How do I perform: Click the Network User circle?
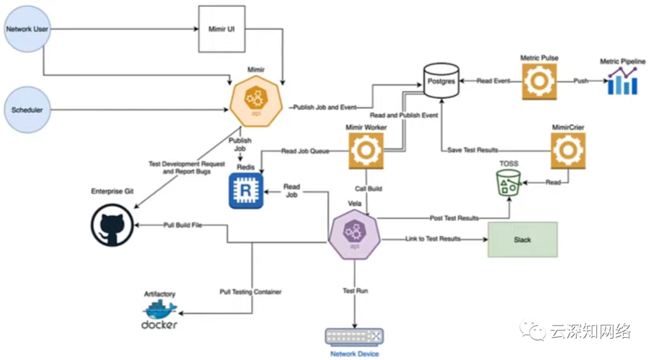27,28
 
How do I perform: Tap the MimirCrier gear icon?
568,151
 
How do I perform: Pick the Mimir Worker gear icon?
366,151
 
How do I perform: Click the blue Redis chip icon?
246,191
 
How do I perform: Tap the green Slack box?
522,240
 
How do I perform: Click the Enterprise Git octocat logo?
112,226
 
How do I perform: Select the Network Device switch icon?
354,336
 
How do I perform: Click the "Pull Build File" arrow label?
182,225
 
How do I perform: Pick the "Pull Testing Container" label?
251,292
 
